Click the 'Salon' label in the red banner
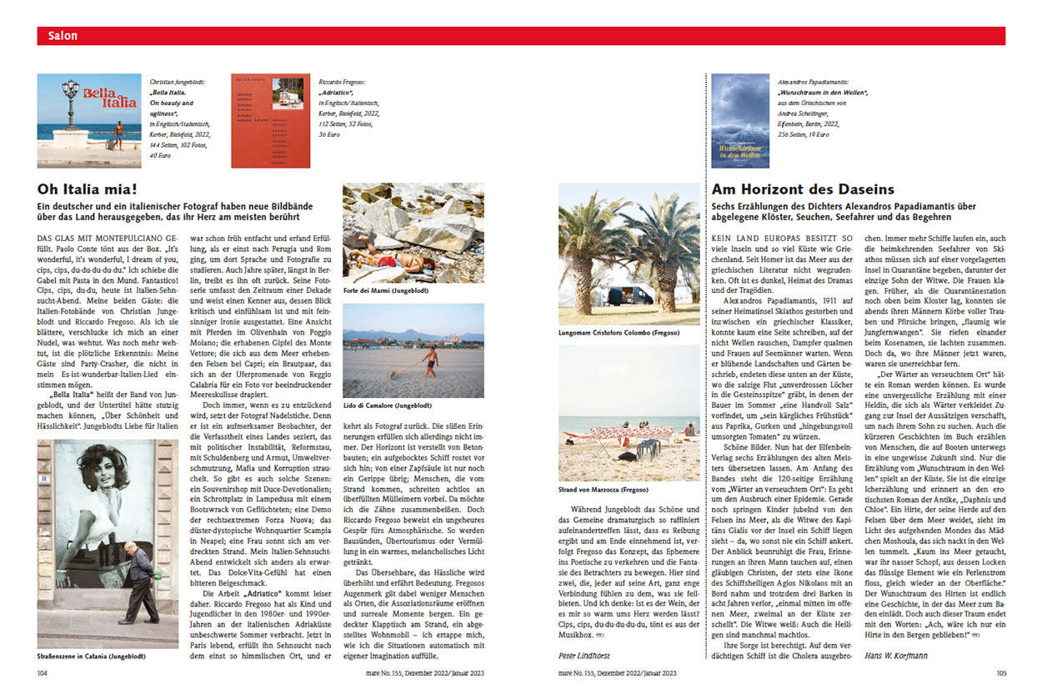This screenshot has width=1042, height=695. pyautogui.click(x=63, y=36)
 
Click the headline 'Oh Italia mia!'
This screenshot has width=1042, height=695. pyautogui.click(x=86, y=189)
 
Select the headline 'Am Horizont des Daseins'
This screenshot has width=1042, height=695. pyautogui.click(x=802, y=189)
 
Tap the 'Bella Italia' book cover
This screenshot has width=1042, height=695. pyautogui.click(x=89, y=120)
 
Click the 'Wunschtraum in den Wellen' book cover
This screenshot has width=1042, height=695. pyautogui.click(x=739, y=120)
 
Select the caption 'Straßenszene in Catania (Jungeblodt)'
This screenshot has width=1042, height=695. pyautogui.click(x=92, y=656)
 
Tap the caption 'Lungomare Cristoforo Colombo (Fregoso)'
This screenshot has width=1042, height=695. pyautogui.click(x=619, y=332)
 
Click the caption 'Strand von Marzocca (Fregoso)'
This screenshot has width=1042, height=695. pyautogui.click(x=602, y=488)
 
